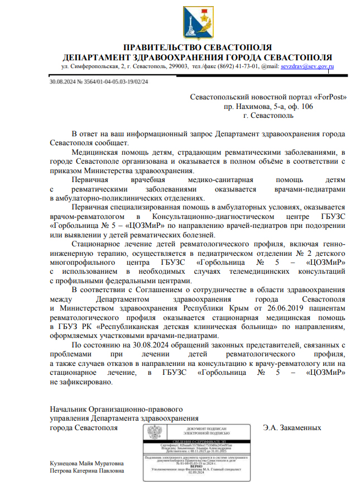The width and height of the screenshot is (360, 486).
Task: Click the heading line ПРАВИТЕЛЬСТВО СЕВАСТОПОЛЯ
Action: (197, 47)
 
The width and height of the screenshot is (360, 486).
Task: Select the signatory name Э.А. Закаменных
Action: (292, 427)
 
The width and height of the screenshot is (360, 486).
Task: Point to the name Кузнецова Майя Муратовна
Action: (87, 464)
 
